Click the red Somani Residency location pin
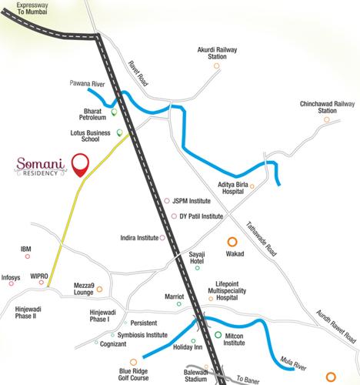(x=80, y=164)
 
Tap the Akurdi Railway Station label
(x=217, y=53)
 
